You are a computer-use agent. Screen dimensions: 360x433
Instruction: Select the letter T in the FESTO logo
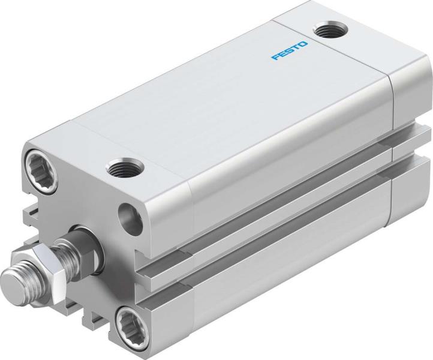pyautogui.click(x=295, y=47)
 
